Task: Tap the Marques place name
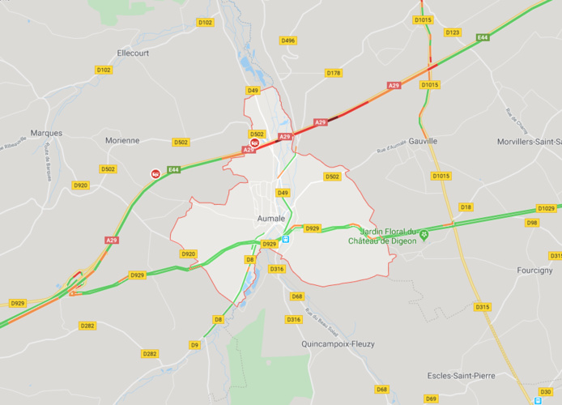pos(45,132)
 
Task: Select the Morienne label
pos(122,140)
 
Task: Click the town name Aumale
pos(270,219)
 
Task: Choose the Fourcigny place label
pos(534,270)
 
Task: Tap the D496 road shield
pos(287,40)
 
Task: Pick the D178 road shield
pos(334,73)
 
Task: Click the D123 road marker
pos(452,32)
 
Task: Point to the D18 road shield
pos(466,207)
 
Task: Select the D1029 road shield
pos(546,209)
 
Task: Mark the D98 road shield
pos(531,222)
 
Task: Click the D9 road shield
pos(194,345)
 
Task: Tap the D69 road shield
pos(431,399)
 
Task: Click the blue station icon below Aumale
pos(286,239)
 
